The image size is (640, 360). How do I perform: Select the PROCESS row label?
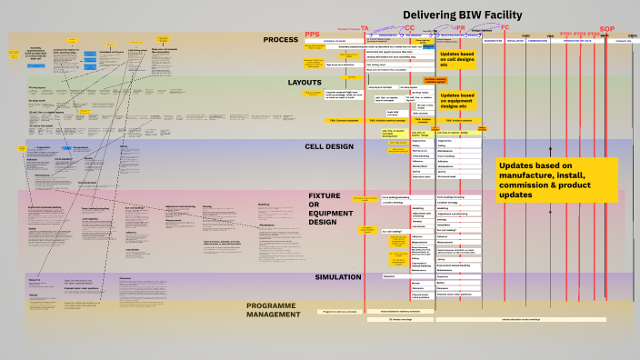tap(281, 40)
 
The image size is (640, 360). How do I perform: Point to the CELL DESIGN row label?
tap(328, 145)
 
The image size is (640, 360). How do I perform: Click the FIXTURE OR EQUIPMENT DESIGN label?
tap(325, 209)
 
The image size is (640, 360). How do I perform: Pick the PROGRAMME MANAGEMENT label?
tap(273, 310)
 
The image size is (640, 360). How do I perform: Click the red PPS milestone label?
tap(314, 34)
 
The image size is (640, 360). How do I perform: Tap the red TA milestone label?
tap(365, 28)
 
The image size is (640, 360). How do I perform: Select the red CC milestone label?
tap(409, 28)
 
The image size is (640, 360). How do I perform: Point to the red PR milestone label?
tap(460, 28)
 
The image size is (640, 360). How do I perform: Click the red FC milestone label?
tap(505, 28)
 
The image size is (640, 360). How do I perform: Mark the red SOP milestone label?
tap(607, 29)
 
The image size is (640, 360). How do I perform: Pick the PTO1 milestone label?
tap(565, 34)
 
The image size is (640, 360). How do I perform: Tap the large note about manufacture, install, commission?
tap(555, 180)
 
